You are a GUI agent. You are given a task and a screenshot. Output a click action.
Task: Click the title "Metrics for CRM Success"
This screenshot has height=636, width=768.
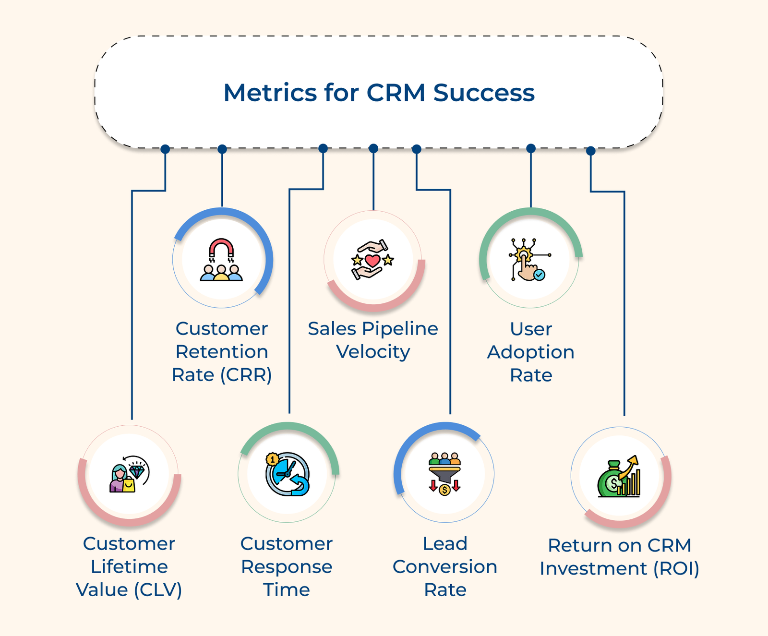[379, 93]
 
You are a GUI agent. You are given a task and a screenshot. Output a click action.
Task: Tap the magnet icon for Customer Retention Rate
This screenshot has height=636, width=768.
[221, 259]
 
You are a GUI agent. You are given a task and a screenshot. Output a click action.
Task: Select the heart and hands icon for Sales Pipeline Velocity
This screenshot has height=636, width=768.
[372, 260]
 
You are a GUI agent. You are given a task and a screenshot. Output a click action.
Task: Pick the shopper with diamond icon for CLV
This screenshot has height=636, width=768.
[129, 474]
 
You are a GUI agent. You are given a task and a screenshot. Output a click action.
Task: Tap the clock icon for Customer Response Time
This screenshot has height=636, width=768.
[288, 474]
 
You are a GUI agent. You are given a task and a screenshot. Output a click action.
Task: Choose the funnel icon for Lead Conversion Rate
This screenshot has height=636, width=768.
[444, 474]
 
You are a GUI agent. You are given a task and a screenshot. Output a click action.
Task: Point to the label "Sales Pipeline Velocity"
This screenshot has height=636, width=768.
[373, 340]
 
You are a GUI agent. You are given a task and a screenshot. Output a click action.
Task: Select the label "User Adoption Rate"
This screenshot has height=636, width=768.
[531, 352]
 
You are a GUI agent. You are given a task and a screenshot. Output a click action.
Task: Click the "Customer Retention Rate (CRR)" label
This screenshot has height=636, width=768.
[222, 352]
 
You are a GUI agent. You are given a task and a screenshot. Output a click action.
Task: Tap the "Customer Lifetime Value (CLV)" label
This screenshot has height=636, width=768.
[129, 566]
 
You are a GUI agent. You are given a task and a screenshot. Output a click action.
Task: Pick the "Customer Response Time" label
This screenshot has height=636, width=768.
[287, 566]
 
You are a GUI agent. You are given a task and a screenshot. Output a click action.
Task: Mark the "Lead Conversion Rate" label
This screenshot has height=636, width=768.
[445, 566]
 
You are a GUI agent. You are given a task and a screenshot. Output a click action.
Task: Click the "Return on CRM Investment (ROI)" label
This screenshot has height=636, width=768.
[619, 557]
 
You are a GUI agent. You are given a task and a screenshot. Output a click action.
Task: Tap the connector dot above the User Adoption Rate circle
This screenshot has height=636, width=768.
[531, 148]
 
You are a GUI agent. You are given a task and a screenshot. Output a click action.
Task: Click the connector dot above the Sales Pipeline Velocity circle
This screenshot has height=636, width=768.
[373, 148]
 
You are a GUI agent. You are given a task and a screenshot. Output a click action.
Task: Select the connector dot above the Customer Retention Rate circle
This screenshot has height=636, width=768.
[222, 149]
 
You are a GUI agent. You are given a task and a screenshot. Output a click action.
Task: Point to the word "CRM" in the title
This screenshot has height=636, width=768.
[396, 93]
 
